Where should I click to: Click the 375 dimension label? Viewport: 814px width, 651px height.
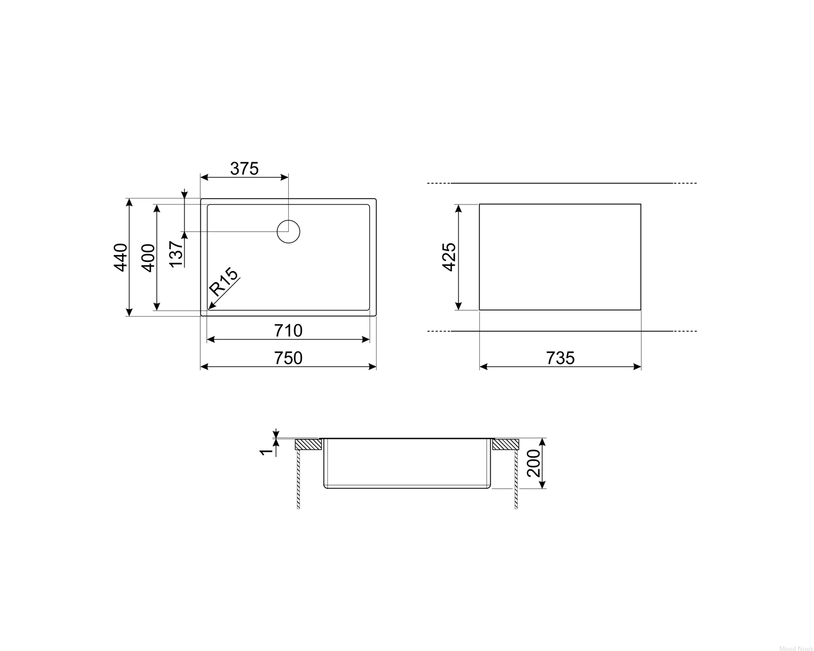coord(244,169)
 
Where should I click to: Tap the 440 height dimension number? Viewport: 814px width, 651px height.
coord(120,257)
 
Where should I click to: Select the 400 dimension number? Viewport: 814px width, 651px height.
coord(148,258)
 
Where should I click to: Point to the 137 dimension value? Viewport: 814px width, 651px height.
coord(176,254)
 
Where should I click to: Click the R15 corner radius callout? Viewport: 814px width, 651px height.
coord(224,282)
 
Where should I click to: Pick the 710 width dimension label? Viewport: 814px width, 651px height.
coord(288,331)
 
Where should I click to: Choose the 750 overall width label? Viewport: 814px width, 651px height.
coord(288,358)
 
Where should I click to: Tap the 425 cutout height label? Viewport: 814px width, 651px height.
coord(449,257)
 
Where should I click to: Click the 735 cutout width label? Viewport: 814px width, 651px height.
coord(560,358)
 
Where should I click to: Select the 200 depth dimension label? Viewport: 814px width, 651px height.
coord(533,463)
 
